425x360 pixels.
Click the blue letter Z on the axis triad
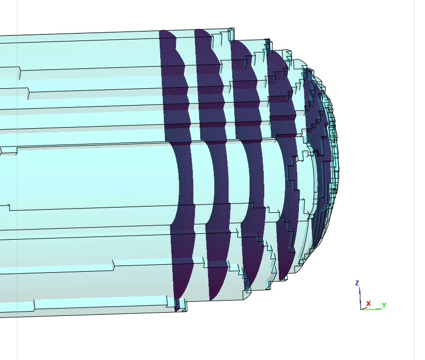coord(357,283)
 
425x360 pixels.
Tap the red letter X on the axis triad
coord(368,303)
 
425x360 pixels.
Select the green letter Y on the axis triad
coord(384,305)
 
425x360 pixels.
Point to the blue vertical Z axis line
coord(360,297)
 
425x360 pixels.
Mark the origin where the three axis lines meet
coord(360,309)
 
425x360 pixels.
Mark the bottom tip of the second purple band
coord(211,299)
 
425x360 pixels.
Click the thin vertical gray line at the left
coord(17,210)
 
